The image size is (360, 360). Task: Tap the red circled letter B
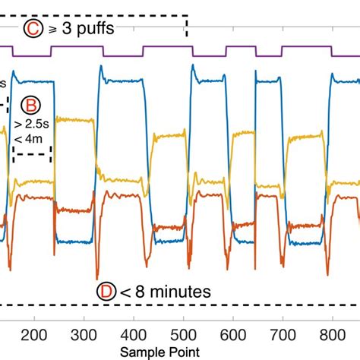click(x=33, y=105)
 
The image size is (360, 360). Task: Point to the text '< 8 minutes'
click(x=164, y=291)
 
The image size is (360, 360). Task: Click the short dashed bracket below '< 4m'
click(x=31, y=156)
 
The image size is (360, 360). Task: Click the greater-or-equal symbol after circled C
click(x=52, y=30)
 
